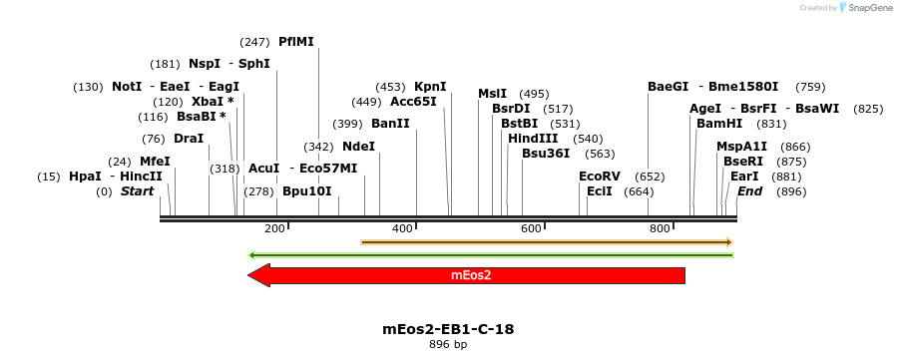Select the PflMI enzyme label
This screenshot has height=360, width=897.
pos(296,42)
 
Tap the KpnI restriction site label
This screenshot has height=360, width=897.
pos(430,87)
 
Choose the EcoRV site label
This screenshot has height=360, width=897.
pos(600,177)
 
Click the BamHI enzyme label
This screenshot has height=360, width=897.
pos(719,124)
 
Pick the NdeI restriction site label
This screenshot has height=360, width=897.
pos(358,147)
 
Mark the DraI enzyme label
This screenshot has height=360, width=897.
pos(189,139)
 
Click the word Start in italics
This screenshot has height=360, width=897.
pos(138,191)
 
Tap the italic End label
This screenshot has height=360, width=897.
pos(750,191)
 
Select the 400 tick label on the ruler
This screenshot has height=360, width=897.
pos(402,229)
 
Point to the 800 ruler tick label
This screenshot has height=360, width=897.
pos(660,229)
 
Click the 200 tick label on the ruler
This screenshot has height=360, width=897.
pos(274,229)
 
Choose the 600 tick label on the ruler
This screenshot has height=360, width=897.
pos(531,229)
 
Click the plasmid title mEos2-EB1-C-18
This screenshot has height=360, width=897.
pos(448,328)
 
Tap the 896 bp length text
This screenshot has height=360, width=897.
pos(448,344)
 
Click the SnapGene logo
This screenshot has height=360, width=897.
pos(864,8)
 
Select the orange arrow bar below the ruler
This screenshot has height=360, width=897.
pos(547,242)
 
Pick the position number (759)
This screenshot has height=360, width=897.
pos(810,87)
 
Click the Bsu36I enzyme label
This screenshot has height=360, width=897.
pos(546,154)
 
